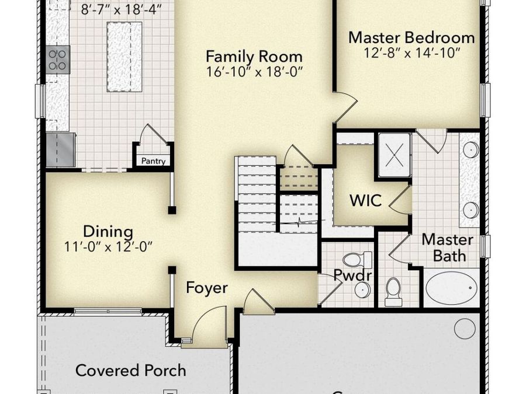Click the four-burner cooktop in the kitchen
pos(58,59)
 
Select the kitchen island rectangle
pos(124,57)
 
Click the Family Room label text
pos(254,57)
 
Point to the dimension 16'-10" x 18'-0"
pos(254,72)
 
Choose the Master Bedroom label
pos(411,38)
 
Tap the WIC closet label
pos(365,201)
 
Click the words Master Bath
pos(448,247)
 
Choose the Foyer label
pos(206,288)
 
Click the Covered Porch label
pos(131,370)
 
